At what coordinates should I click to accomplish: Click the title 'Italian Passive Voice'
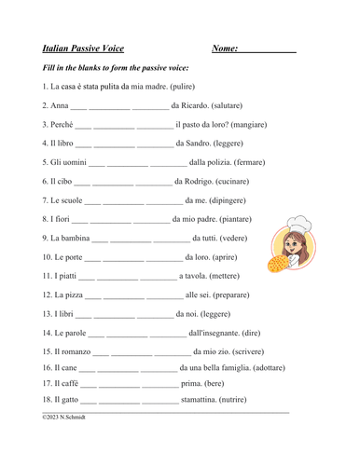tap(83, 48)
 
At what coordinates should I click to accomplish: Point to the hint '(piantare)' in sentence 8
tap(232, 219)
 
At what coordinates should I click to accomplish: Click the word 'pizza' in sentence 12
tap(72, 295)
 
